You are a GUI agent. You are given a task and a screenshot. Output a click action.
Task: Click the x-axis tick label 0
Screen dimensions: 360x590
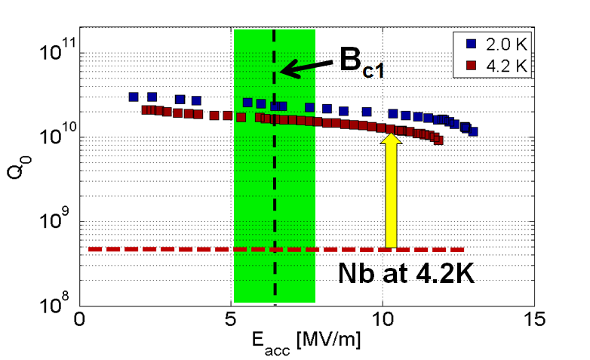(x=79, y=320)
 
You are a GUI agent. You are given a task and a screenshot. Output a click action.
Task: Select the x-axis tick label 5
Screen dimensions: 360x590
(x=231, y=320)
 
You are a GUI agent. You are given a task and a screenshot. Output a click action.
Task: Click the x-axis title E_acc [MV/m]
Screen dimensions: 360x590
(x=307, y=341)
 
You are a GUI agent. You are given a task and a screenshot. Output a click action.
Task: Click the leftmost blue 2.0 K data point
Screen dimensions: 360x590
(x=134, y=97)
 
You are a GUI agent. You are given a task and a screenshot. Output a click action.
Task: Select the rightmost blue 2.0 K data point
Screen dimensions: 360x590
(x=473, y=131)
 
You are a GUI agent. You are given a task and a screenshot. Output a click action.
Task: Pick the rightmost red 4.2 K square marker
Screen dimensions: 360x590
(x=438, y=140)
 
